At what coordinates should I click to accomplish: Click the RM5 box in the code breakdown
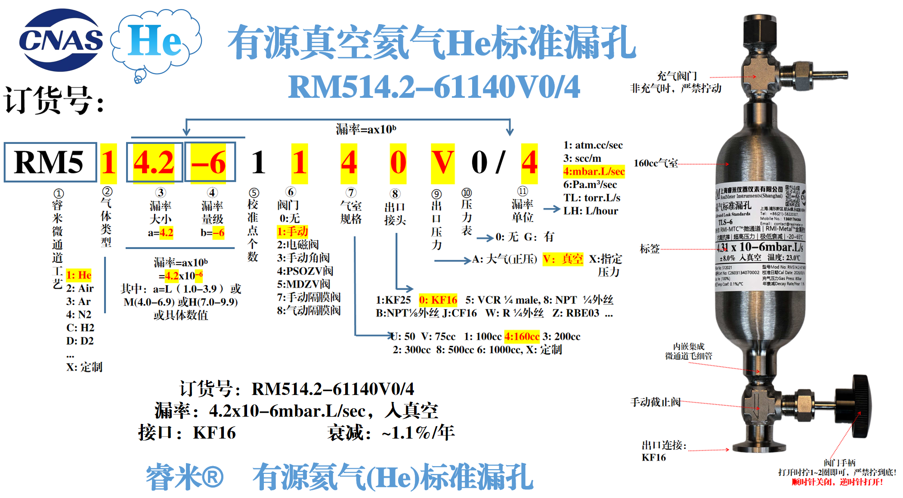point(50,162)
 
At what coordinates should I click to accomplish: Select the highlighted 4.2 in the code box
point(154,163)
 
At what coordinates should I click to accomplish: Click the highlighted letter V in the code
point(442,163)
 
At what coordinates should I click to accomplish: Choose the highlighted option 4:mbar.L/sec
point(594,171)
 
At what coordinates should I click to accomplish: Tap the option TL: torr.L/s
point(592,198)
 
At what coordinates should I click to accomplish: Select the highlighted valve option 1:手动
point(293,231)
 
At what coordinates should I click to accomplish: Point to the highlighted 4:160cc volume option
point(522,336)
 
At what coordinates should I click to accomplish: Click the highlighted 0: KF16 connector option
point(438,300)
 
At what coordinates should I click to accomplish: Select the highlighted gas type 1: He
point(79,275)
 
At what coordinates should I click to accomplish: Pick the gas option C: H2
point(80,327)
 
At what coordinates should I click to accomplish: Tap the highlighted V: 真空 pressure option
point(563,259)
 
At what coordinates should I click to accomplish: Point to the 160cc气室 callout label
point(656,163)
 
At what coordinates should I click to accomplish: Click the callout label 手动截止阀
point(656,402)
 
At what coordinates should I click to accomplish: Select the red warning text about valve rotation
point(837,482)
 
